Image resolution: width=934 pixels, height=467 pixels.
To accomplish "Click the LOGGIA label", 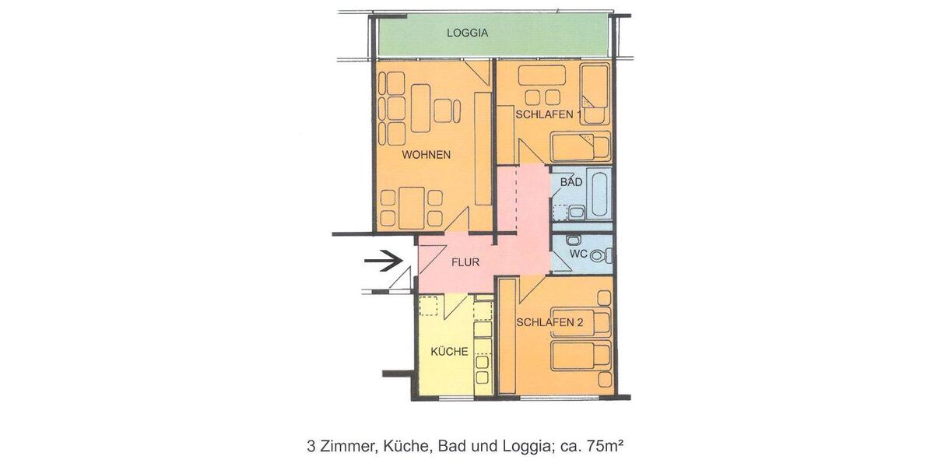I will (467, 33).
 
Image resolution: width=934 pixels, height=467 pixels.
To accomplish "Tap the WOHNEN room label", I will (426, 155).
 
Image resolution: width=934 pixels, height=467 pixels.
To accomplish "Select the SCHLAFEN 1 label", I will (549, 114).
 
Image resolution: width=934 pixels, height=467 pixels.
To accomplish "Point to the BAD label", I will (571, 182).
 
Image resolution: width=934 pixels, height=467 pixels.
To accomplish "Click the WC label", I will (578, 254).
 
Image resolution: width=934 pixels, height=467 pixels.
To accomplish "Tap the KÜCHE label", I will (450, 352).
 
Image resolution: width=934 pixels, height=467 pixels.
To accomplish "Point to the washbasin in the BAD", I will (577, 212).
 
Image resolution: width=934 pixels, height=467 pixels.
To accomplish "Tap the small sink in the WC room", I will (574, 240).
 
